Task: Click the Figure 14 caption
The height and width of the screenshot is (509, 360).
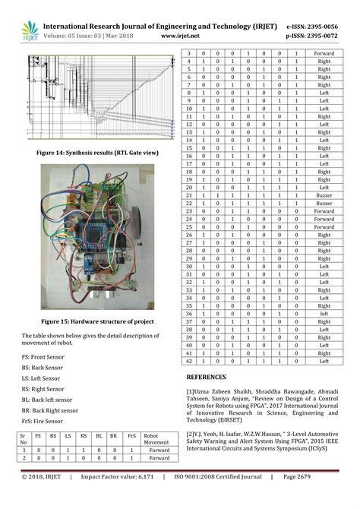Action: tap(91, 153)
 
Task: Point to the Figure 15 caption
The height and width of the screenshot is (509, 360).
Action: tap(98, 321)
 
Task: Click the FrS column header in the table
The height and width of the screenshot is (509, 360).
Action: tap(133, 438)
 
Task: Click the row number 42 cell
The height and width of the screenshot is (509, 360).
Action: tap(189, 362)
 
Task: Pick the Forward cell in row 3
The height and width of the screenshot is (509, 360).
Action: tap(324, 54)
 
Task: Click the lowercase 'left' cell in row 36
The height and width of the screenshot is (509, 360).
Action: tap(324, 313)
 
